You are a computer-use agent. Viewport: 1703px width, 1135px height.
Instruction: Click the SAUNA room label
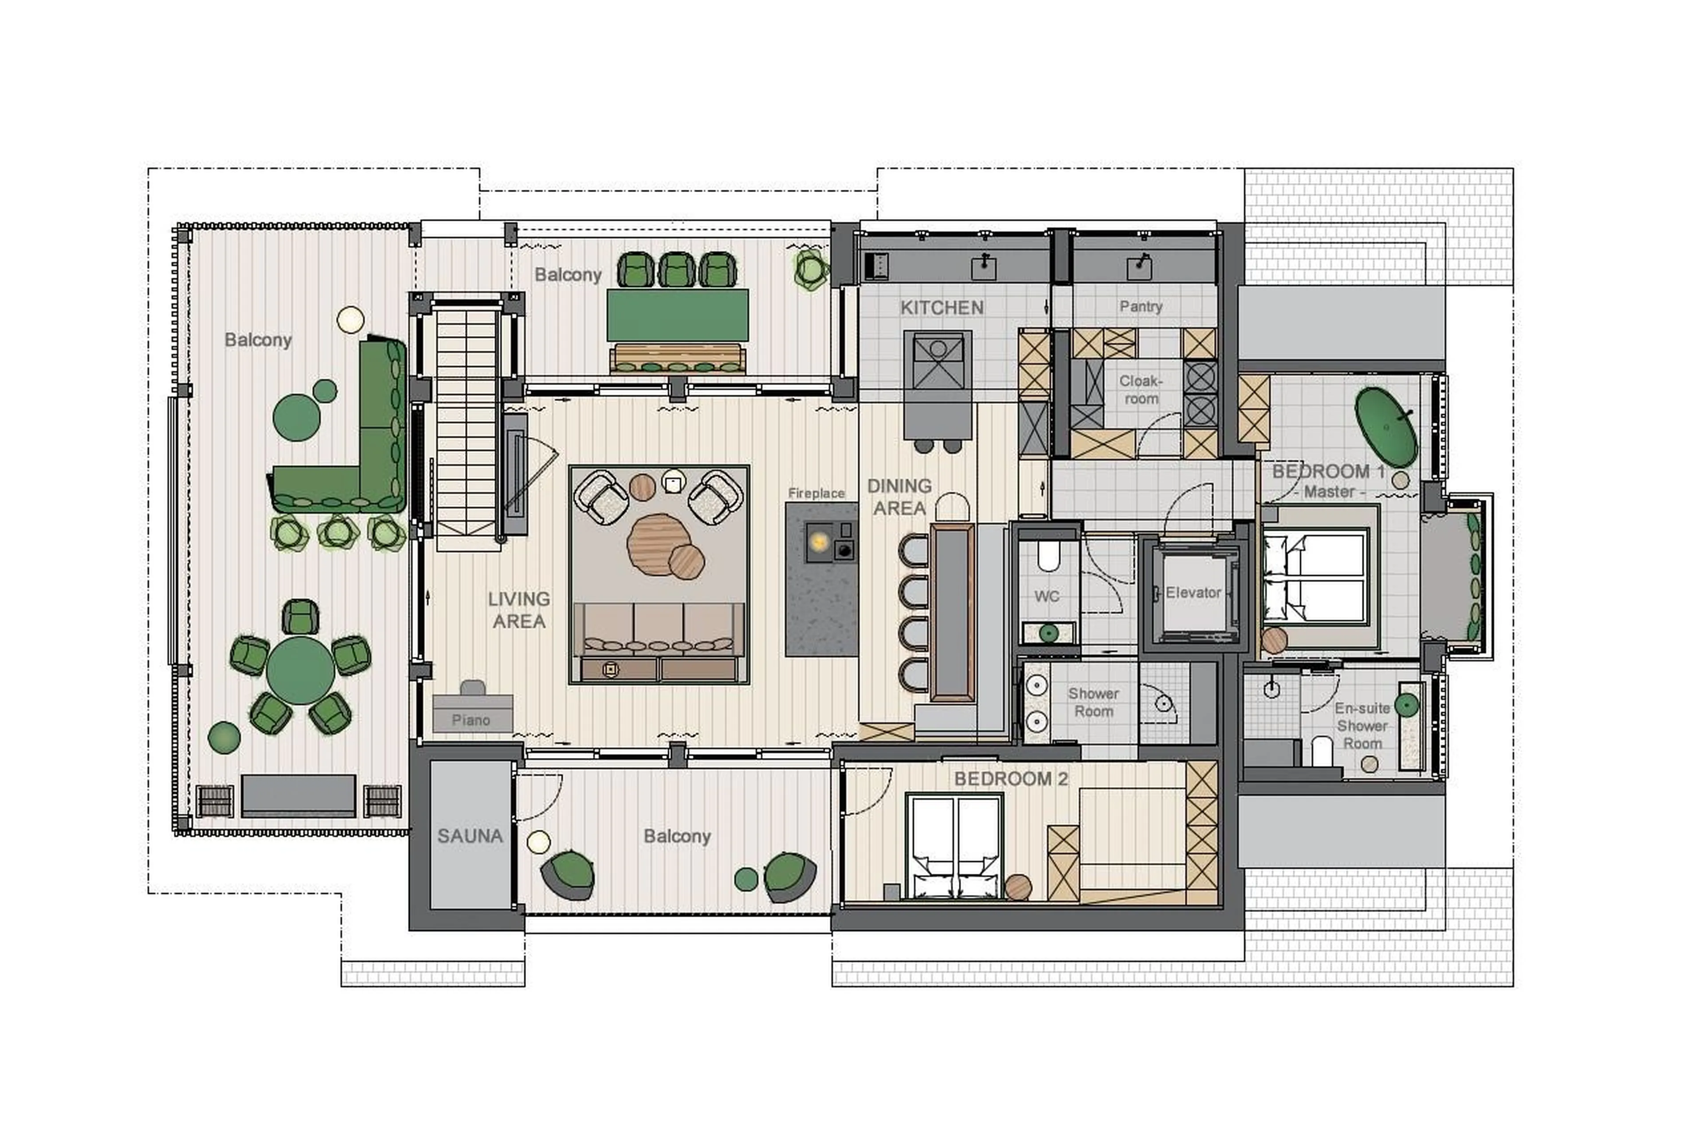(x=470, y=836)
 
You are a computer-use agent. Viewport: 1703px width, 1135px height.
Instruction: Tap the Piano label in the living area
(x=471, y=720)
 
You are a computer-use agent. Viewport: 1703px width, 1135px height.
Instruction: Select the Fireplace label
(x=816, y=493)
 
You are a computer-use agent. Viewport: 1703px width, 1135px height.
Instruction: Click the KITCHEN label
(x=942, y=308)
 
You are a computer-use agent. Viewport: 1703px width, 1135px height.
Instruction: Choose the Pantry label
(x=1141, y=306)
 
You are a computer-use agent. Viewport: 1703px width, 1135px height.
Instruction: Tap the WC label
(x=1047, y=597)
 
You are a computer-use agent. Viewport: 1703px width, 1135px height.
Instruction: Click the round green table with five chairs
(x=300, y=670)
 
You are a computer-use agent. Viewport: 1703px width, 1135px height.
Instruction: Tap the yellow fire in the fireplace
(x=819, y=542)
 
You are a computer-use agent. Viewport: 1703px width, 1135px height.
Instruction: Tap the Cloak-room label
(x=1141, y=389)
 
